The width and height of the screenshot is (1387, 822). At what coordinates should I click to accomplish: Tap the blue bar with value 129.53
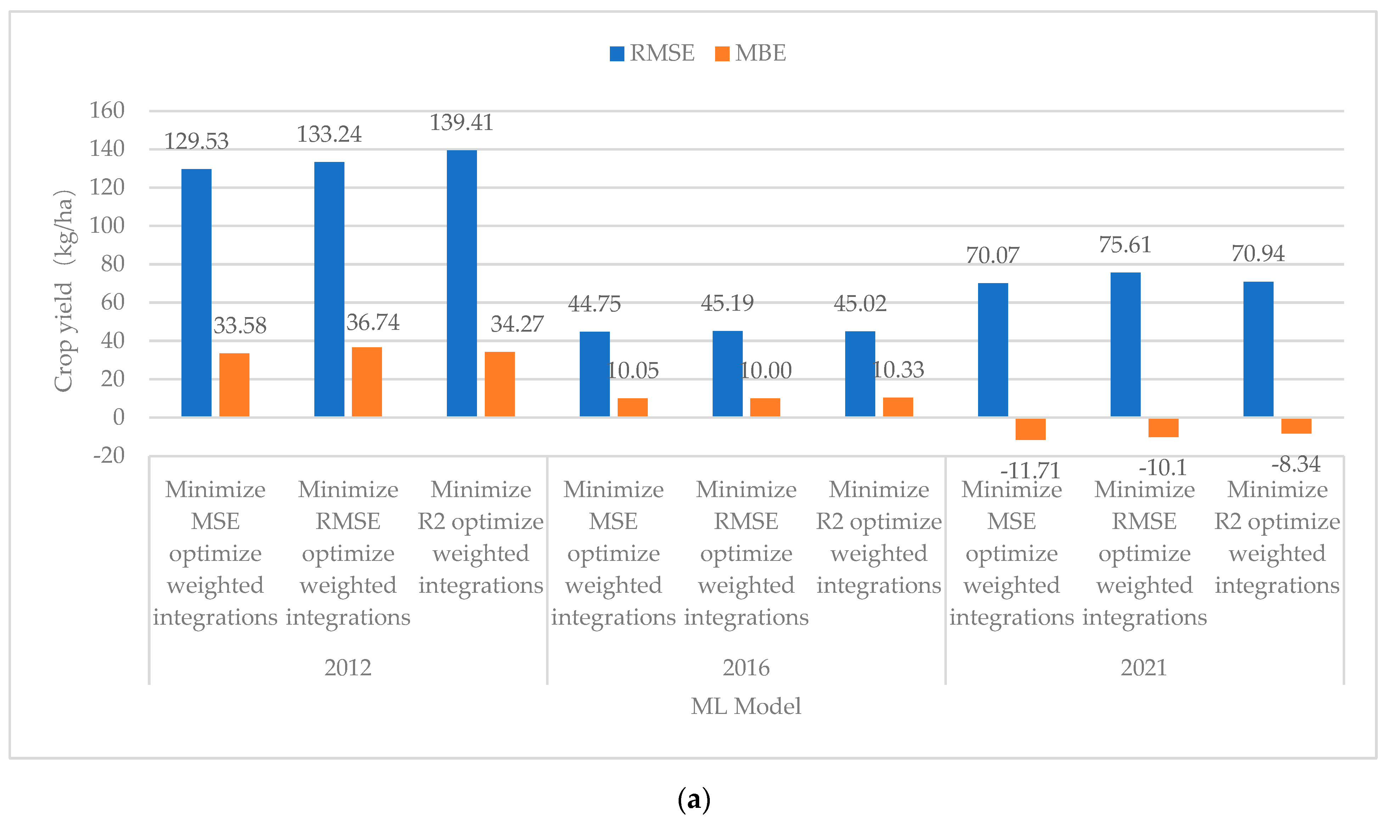196,292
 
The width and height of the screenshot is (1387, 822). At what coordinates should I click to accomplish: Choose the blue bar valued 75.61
1125,344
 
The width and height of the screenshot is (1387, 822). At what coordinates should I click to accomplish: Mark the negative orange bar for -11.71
1030,429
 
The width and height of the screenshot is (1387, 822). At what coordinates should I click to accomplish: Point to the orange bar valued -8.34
1296,426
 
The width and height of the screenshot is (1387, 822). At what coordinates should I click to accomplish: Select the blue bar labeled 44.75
594,374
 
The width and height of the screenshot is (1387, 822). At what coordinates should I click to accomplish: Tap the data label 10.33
898,370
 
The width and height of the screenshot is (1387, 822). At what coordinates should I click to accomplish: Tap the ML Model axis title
746,706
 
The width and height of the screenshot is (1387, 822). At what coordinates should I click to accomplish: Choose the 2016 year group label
746,668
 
